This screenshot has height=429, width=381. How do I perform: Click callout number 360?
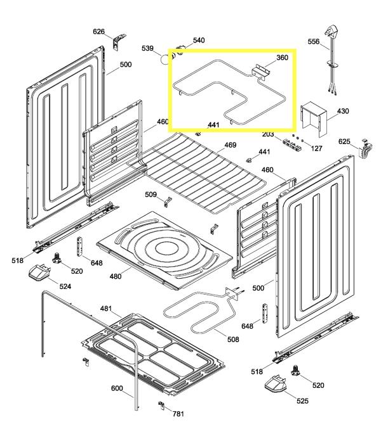[282, 58]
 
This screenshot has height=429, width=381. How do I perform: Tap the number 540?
[198, 41]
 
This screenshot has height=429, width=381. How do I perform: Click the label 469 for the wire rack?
[230, 145]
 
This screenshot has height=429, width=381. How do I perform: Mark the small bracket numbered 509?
[169, 202]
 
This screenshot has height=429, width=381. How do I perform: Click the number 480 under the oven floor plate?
[116, 276]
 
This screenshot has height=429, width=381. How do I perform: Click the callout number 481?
[106, 309]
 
